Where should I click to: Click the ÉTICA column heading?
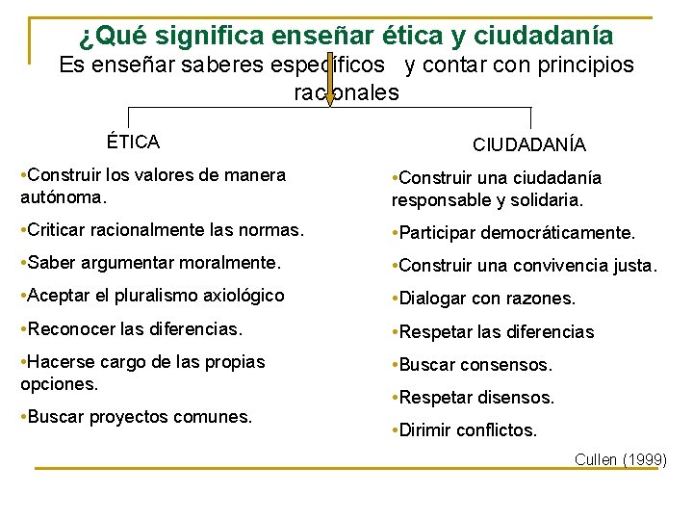click(133, 143)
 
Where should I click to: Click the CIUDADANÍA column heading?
click(528, 145)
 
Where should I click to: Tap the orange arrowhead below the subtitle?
click(329, 97)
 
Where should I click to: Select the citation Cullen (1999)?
click(620, 459)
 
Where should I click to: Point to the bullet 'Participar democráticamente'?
click(513, 233)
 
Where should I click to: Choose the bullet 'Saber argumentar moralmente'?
click(150, 262)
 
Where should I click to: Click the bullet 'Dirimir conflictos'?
click(464, 430)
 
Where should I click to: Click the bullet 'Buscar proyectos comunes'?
click(136, 417)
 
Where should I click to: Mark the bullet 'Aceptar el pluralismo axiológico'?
click(152, 295)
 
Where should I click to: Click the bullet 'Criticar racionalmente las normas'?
click(162, 230)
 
